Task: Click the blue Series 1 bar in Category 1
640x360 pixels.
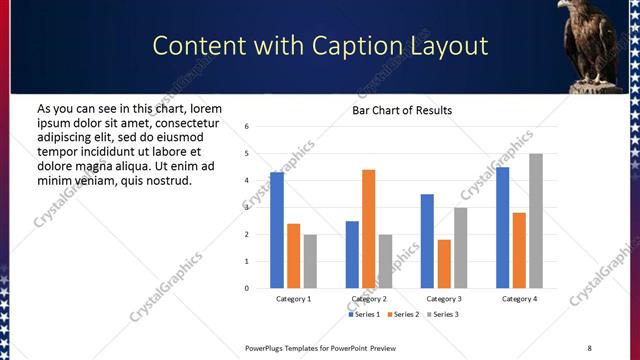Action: (x=277, y=230)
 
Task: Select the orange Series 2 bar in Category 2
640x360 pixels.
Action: (x=369, y=229)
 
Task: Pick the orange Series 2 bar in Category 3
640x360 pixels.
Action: (x=444, y=263)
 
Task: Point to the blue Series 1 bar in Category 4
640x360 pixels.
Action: (x=502, y=227)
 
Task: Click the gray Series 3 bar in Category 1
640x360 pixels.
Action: (x=310, y=261)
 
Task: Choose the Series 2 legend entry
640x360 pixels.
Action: (x=402, y=315)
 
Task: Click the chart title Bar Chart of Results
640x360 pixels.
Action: (x=402, y=110)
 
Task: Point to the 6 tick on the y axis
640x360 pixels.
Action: (x=247, y=127)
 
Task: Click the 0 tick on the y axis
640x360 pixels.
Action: (x=247, y=288)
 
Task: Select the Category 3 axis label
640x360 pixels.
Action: (x=444, y=299)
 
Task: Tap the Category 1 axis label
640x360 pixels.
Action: (x=293, y=299)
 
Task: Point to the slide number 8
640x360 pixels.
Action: (x=589, y=347)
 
